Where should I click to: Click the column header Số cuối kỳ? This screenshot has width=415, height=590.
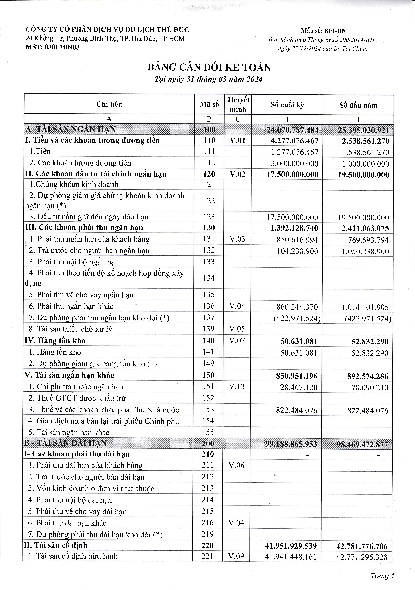[x=287, y=105]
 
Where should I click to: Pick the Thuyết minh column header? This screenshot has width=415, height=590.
[x=238, y=104]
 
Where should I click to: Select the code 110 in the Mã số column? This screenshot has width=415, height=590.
[x=209, y=140]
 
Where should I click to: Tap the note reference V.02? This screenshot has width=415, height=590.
[x=238, y=174]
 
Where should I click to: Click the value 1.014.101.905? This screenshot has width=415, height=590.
[x=365, y=307]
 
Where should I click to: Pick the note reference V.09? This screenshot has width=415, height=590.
[x=236, y=556]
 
